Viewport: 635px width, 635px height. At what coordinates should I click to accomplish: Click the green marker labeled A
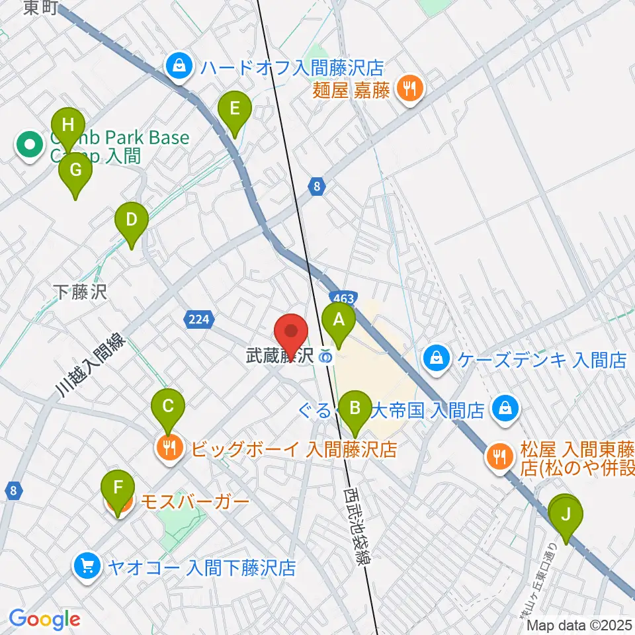point(339,321)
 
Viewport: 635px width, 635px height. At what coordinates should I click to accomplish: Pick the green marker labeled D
point(131,220)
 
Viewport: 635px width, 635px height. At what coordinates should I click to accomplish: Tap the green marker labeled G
point(75,171)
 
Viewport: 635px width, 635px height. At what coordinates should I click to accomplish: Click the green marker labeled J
point(566,514)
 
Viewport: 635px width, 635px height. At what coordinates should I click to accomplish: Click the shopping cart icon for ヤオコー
point(87,566)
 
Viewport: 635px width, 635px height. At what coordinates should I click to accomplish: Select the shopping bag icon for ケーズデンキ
point(437,359)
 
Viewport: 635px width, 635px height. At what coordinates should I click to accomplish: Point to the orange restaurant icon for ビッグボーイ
point(169,449)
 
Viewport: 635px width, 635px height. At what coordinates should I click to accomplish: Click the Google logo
point(44,619)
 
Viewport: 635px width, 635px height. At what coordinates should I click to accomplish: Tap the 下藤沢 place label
point(80,292)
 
